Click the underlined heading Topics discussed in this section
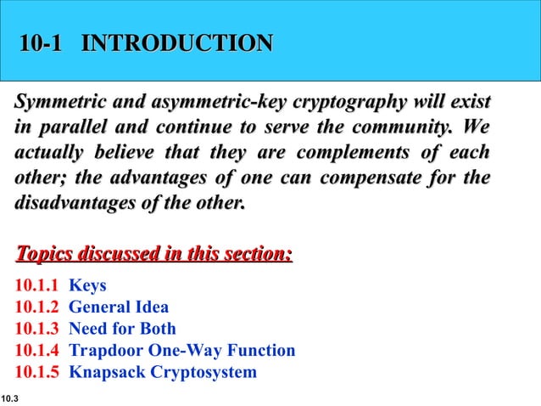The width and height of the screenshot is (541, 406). pyautogui.click(x=154, y=254)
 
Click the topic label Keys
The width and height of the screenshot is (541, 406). pyautogui.click(x=87, y=285)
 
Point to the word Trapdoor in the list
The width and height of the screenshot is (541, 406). pyautogui.click(x=103, y=351)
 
